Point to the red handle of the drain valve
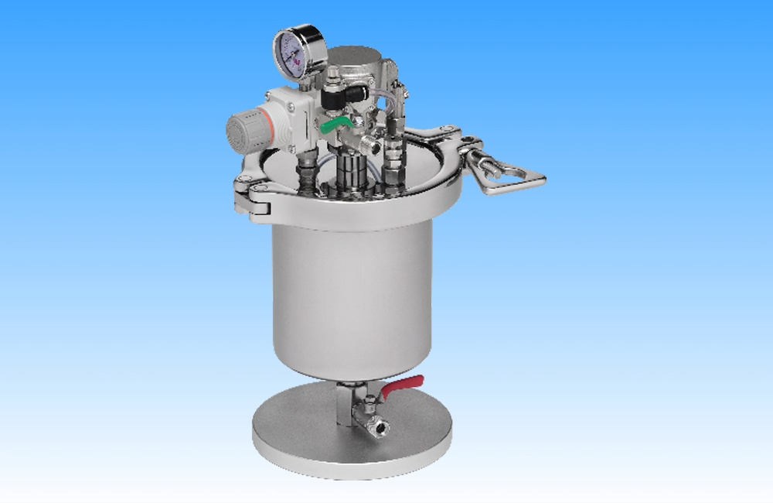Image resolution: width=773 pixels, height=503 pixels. click(x=403, y=384)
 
